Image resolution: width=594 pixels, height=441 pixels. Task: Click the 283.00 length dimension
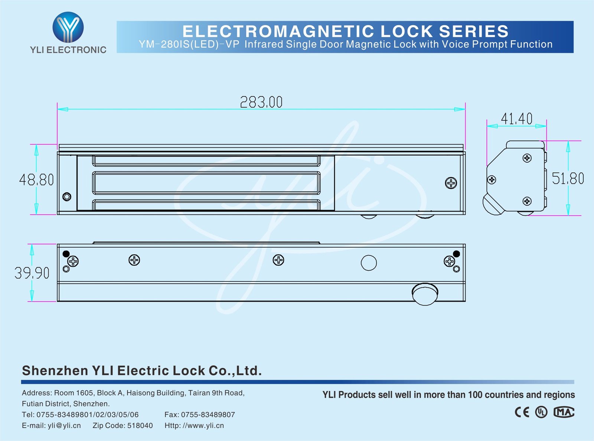click(261, 102)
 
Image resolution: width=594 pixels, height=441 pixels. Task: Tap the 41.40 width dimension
click(516, 119)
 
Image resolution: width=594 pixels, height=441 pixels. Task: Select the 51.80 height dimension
click(568, 179)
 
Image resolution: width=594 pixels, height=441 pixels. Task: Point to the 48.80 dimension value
click(36, 180)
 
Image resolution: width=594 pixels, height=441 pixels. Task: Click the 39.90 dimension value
click(32, 273)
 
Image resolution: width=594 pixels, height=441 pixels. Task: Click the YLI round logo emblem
click(68, 27)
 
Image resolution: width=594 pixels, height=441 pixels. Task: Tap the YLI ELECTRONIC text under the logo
click(68, 50)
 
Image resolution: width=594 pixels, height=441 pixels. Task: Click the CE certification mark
click(522, 412)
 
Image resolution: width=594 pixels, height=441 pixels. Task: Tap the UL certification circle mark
click(541, 412)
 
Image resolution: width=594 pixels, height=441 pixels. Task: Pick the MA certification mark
click(564, 412)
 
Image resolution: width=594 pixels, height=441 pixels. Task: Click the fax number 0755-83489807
click(208, 415)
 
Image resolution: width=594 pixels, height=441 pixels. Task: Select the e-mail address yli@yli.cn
click(64, 426)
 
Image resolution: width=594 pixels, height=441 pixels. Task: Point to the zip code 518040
click(140, 426)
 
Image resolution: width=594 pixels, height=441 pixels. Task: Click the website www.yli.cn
click(203, 426)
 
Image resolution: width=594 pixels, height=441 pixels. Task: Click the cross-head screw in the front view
click(451, 183)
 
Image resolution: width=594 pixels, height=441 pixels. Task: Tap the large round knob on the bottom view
click(425, 294)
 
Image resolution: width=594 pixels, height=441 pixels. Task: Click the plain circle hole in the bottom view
click(369, 263)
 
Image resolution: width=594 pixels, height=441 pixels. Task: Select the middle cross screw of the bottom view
click(278, 260)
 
